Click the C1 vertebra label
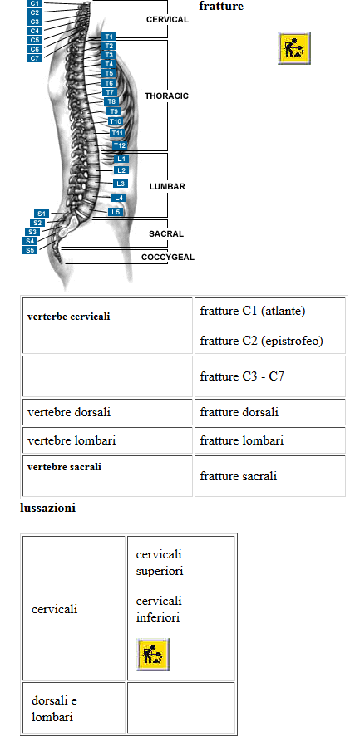point(35,3)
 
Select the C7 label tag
point(35,58)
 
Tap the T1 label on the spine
point(109,37)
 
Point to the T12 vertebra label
point(119,145)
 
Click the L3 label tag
point(121,183)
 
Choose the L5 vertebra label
point(116,212)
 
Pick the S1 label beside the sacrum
point(40,214)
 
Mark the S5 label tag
point(30,250)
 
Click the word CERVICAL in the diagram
point(167,20)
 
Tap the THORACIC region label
point(167,96)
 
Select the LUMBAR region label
point(167,187)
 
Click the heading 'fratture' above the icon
point(221,6)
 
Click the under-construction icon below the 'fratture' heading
point(294,48)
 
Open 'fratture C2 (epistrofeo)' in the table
point(261,341)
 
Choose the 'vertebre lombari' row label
point(72,440)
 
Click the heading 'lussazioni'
point(48,509)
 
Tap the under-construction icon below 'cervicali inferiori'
point(152,655)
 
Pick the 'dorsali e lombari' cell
point(55,709)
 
